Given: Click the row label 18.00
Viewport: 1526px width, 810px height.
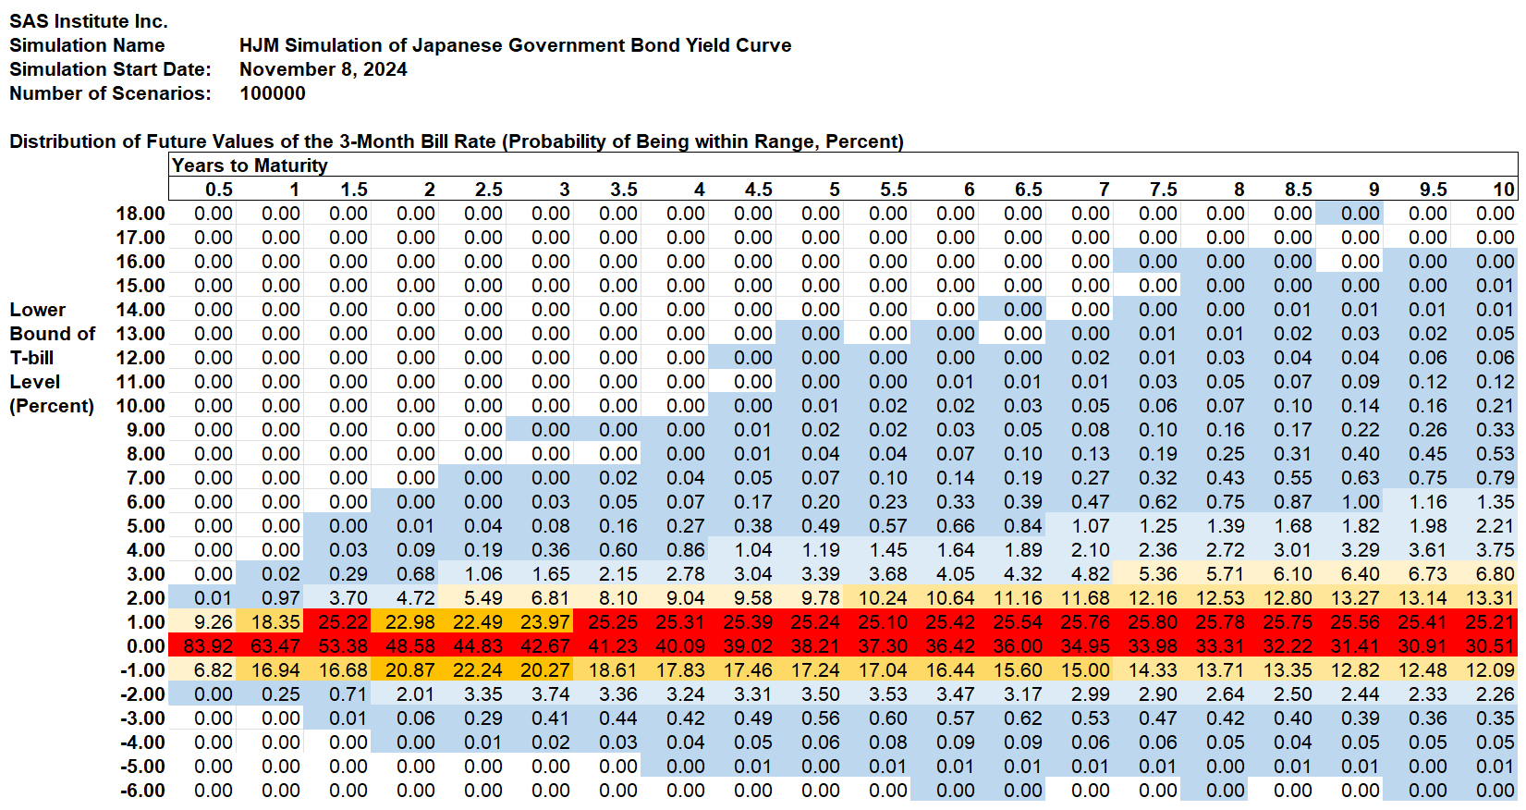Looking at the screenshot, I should [x=140, y=214].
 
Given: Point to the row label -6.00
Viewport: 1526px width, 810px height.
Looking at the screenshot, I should [x=142, y=791].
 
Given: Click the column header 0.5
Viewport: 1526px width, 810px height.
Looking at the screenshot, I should [x=218, y=190].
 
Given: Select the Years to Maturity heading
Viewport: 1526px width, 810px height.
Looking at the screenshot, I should [x=250, y=166].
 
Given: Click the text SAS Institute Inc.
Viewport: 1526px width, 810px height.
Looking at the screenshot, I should [x=89, y=21].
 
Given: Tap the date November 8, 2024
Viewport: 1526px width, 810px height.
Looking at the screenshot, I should [x=323, y=69].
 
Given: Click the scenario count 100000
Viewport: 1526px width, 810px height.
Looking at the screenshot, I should [x=272, y=93].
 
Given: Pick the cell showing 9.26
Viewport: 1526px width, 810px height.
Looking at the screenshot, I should [x=213, y=622].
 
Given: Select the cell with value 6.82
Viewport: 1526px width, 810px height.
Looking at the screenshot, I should [x=213, y=670].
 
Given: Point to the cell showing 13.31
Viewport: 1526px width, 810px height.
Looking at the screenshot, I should [x=1490, y=598].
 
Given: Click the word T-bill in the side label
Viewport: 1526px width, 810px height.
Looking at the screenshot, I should [x=31, y=358].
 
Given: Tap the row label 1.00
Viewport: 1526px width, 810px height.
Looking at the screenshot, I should [x=146, y=622].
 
